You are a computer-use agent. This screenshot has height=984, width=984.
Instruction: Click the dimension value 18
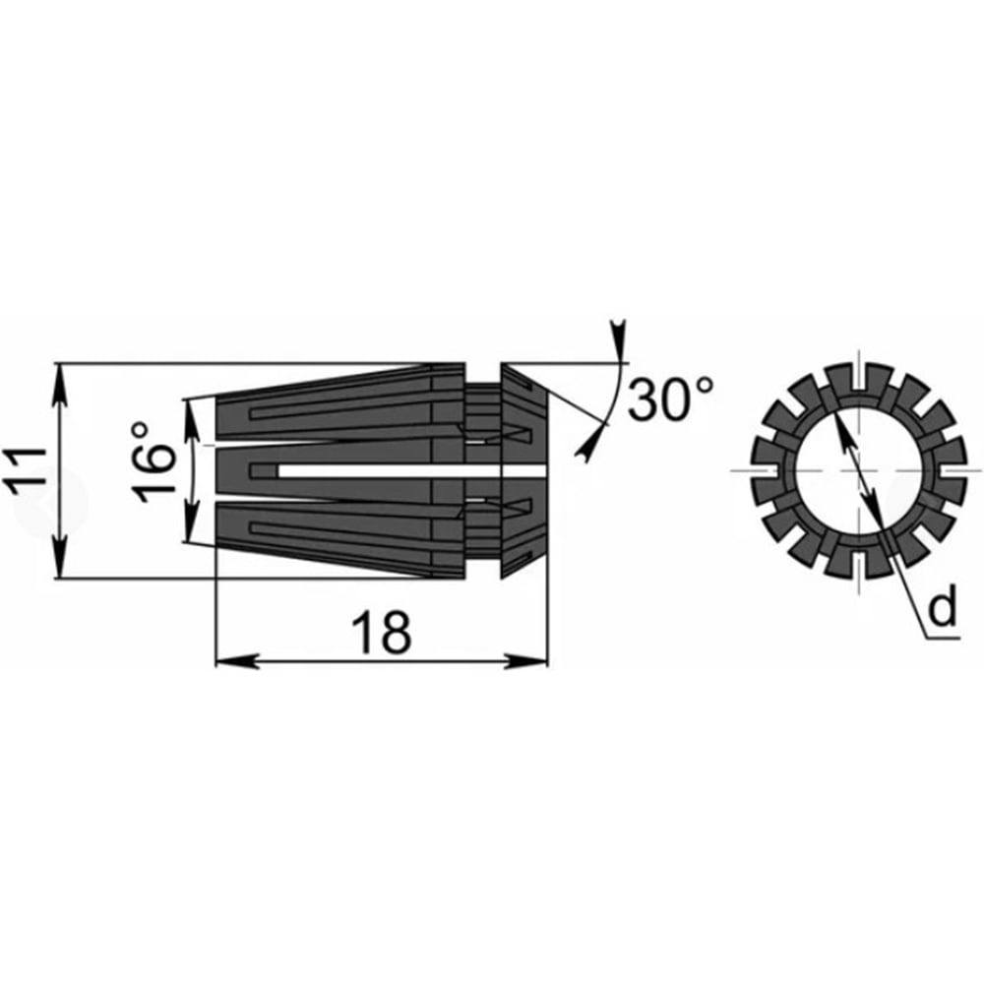click(381, 633)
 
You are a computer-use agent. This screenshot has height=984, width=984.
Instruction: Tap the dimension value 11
click(26, 471)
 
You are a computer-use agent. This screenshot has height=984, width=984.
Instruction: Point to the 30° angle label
click(670, 400)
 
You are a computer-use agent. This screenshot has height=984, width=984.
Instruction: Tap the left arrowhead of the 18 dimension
click(237, 661)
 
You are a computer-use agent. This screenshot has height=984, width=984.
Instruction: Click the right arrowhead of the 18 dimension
click(525, 661)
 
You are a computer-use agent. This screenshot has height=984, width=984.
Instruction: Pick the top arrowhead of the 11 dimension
click(60, 385)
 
